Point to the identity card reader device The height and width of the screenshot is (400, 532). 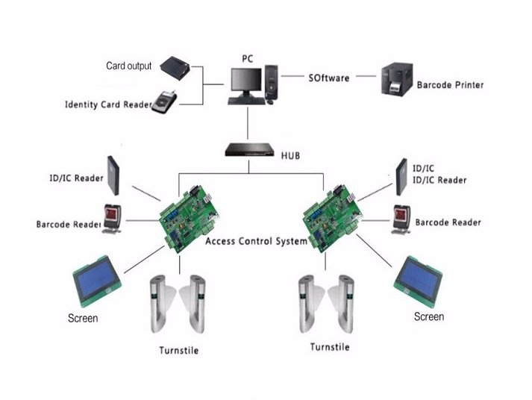(x=166, y=103)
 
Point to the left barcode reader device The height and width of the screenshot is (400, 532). (x=113, y=219)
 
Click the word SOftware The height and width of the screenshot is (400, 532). (x=328, y=78)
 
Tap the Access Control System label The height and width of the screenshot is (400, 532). (x=255, y=242)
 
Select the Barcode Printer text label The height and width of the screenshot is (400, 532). (x=450, y=85)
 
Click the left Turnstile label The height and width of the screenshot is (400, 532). (x=179, y=351)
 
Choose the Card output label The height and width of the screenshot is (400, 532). (x=128, y=66)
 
